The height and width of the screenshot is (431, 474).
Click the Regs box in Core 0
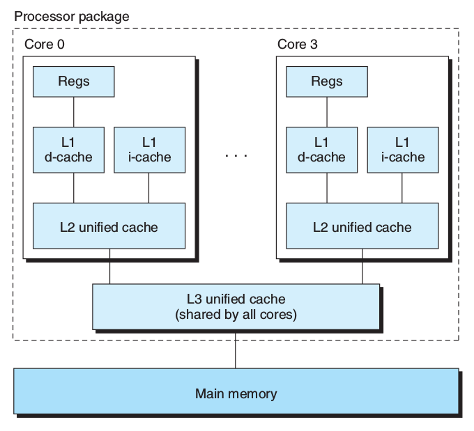[x=74, y=81]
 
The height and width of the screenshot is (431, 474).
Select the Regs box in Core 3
[x=327, y=81]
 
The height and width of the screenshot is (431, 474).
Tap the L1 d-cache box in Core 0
[x=73, y=150]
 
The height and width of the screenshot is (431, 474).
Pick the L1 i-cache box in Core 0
[x=149, y=150]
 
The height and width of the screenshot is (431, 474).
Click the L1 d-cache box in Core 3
[x=321, y=150]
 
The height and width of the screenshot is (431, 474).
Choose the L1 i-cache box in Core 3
[x=402, y=150]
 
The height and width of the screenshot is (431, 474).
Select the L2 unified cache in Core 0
[x=109, y=227]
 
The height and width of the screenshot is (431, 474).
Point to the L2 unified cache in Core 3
[x=362, y=227]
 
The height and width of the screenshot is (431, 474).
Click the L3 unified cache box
[x=236, y=306]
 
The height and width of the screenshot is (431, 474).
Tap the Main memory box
[x=236, y=393]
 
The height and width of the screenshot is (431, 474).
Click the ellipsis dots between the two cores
[x=236, y=156]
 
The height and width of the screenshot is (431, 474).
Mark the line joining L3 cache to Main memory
[x=236, y=349]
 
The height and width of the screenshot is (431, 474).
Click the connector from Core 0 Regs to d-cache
[x=74, y=111]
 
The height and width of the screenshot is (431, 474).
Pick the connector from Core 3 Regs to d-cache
[x=327, y=111]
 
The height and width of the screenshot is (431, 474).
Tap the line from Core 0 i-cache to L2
[x=149, y=187]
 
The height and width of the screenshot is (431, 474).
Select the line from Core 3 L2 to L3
[x=362, y=266]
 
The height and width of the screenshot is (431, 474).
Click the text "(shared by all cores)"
[x=236, y=314]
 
